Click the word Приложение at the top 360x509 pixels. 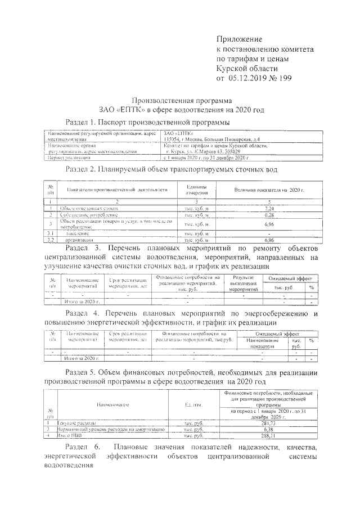tap(240, 39)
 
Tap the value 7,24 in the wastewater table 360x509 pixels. tap(268, 208)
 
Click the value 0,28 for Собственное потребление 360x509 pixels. tap(268, 215)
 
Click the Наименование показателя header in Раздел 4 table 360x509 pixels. tap(263, 344)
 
